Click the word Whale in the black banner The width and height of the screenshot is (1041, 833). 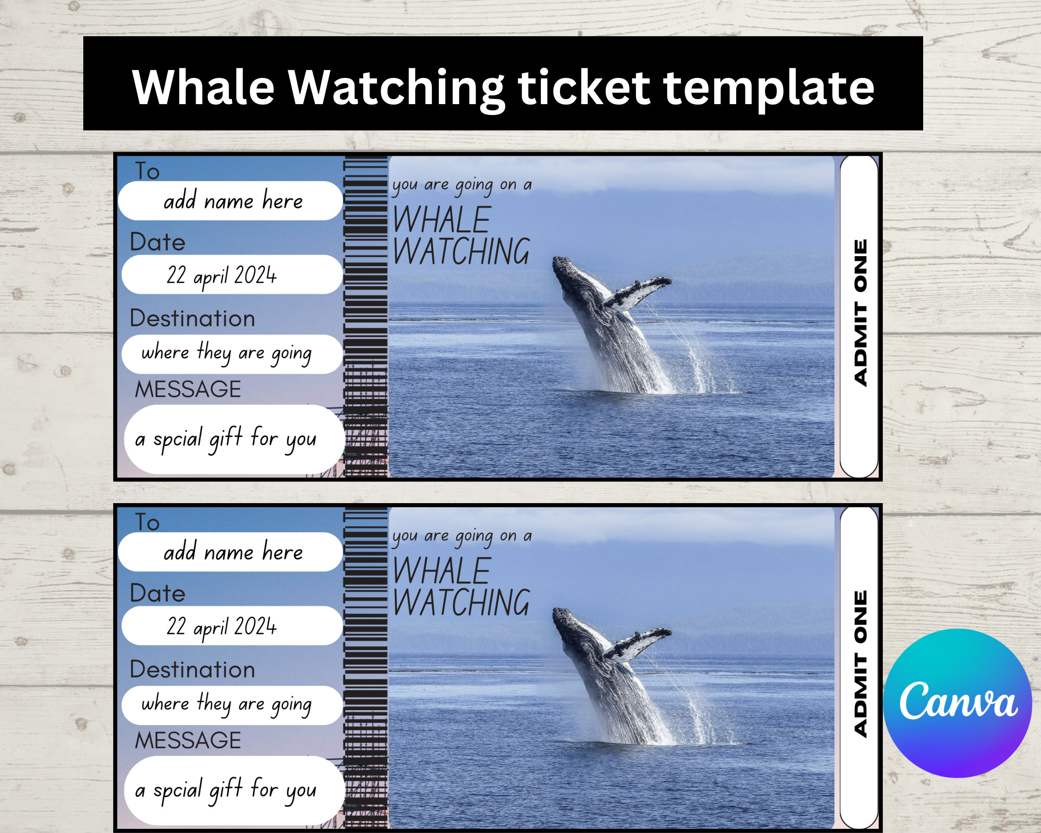203,87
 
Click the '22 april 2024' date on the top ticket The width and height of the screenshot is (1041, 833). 222,275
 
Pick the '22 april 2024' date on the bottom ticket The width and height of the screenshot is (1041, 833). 222,626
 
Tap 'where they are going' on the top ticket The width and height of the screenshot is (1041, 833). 226,354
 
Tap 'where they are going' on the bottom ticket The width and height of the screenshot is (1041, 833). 226,705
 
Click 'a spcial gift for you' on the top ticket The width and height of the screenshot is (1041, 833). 226,439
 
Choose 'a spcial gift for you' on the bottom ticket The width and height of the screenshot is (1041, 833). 226,790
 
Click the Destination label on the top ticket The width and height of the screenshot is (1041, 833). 192,319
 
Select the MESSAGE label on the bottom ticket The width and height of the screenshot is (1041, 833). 188,740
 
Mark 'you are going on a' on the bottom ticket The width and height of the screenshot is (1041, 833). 462,536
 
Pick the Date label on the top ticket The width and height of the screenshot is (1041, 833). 157,242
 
